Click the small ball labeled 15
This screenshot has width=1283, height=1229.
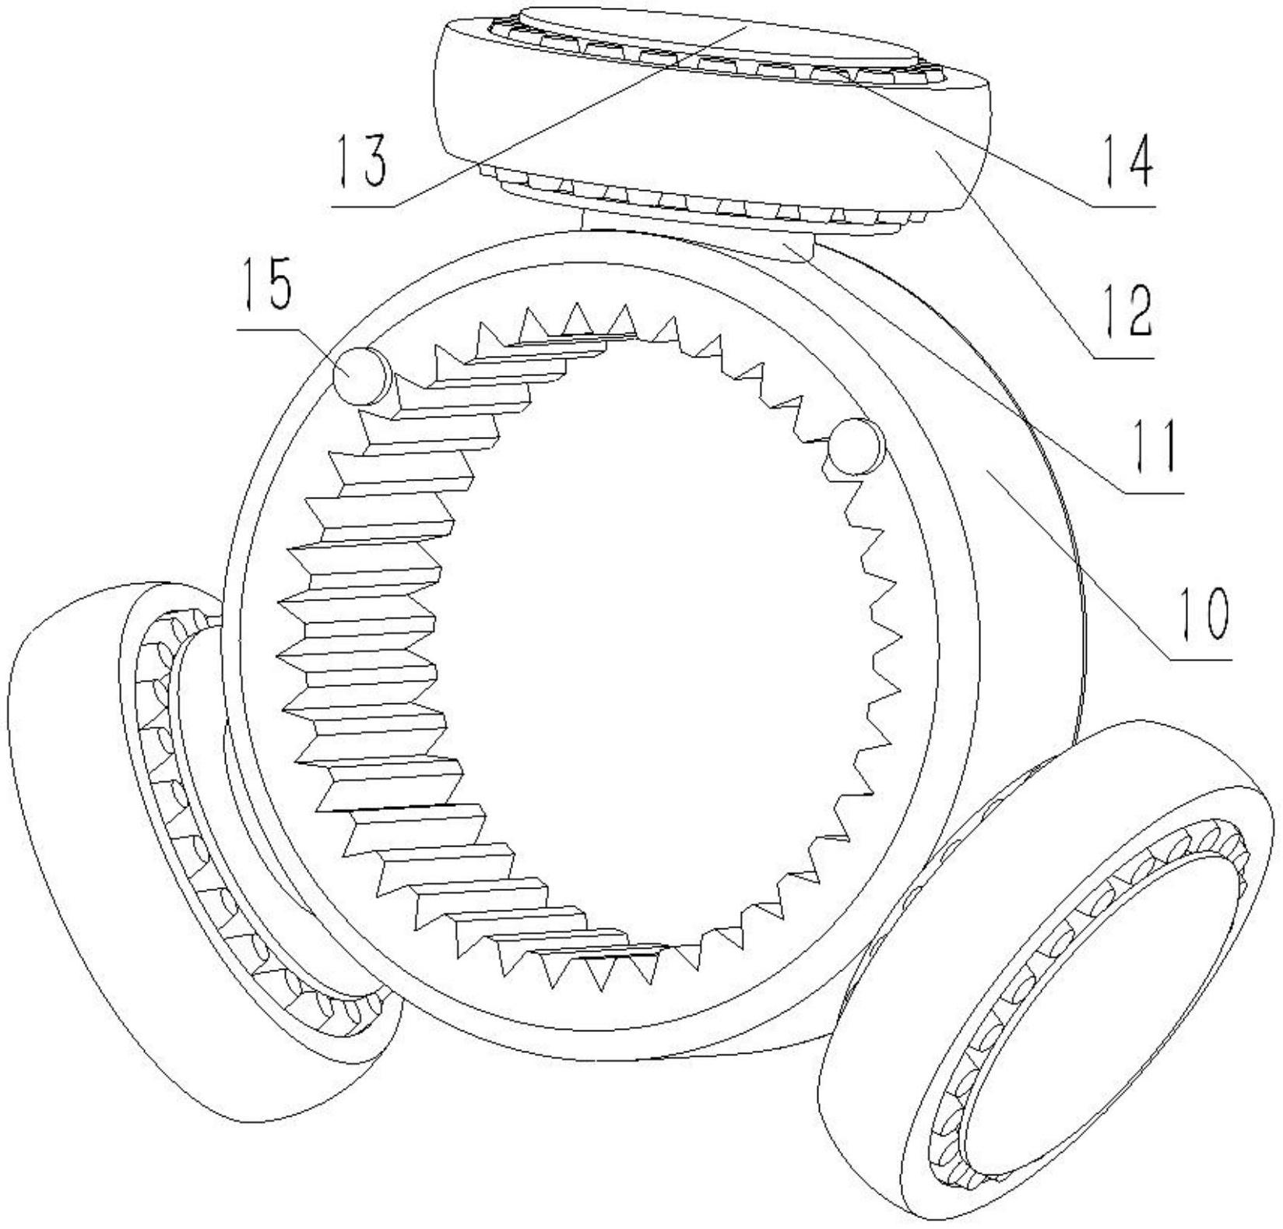359,375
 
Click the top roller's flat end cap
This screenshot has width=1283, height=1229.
716,35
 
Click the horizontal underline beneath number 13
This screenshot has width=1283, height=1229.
362,206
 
